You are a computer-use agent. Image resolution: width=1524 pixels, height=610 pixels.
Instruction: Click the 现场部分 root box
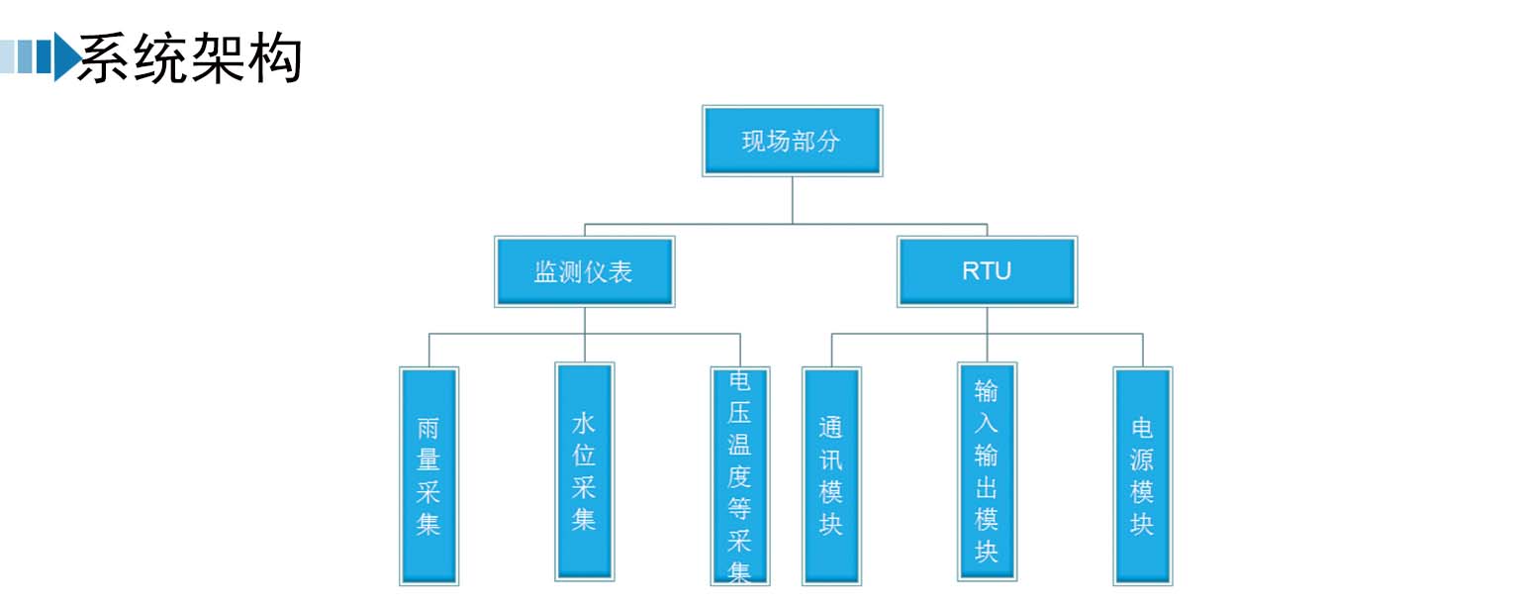tap(792, 141)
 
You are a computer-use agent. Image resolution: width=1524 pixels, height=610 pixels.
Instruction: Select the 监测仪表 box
tap(584, 271)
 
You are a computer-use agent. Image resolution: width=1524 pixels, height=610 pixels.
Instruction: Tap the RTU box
tap(987, 271)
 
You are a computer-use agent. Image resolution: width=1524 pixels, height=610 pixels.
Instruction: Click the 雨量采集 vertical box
tap(429, 476)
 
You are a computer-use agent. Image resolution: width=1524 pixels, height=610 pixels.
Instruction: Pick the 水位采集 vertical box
tap(584, 471)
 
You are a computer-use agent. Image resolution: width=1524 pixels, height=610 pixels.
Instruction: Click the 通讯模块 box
tap(831, 476)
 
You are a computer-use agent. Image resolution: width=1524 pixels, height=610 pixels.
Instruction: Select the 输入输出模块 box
tap(987, 471)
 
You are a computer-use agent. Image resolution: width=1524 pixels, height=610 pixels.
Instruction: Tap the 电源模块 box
tap(1142, 476)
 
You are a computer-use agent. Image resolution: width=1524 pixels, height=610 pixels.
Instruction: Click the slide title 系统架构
tap(189, 57)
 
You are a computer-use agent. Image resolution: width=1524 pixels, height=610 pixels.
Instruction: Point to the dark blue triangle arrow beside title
tap(66, 56)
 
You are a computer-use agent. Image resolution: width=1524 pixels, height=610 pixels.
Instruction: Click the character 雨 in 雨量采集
tap(429, 430)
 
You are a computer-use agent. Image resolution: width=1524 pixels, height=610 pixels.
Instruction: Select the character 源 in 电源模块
tap(1142, 460)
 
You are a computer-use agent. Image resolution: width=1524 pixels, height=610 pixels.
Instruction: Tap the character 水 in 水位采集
tap(584, 424)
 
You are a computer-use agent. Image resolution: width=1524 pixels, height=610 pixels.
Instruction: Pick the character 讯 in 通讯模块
tap(831, 460)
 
